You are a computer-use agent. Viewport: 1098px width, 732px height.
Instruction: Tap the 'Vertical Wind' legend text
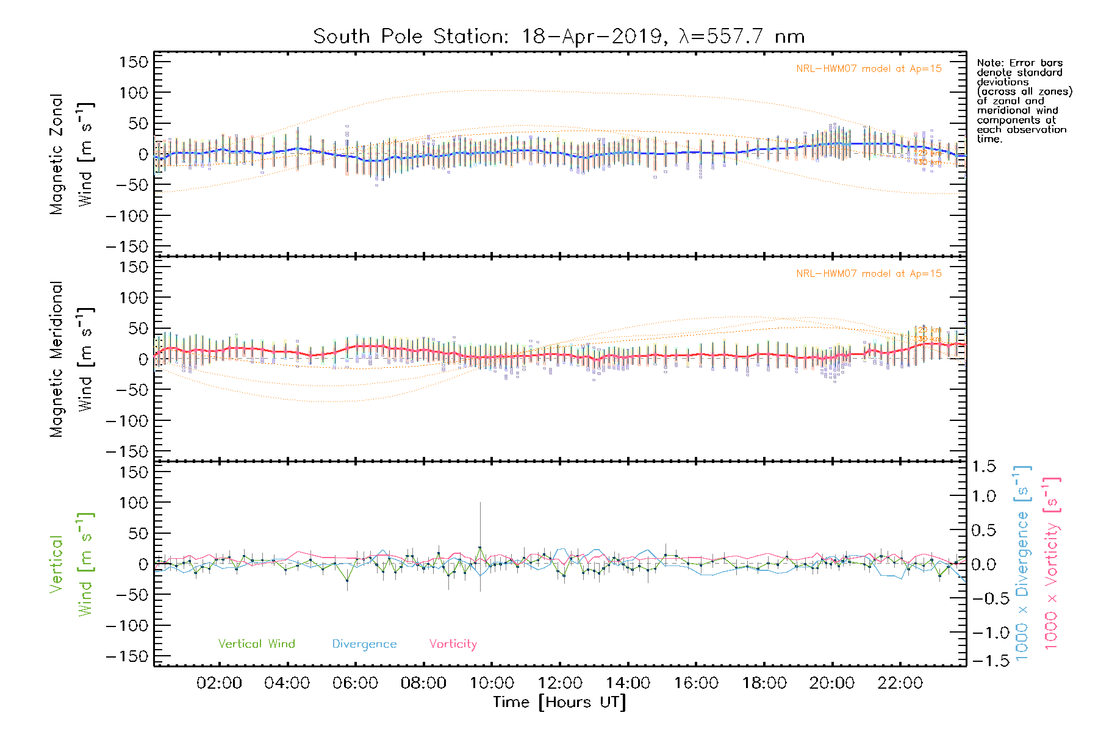tap(256, 644)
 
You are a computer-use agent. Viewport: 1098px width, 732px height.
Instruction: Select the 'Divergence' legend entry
tap(364, 644)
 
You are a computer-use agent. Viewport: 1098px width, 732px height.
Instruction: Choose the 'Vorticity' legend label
tap(453, 644)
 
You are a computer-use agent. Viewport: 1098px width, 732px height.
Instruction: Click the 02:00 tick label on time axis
tap(219, 683)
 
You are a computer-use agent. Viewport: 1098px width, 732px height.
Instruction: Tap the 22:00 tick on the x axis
tap(900, 683)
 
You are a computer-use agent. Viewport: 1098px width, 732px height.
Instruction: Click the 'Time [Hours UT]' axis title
tap(559, 702)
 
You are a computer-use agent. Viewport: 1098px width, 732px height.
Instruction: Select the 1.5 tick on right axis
tap(983, 467)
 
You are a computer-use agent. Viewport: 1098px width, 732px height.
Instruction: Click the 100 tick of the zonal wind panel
tap(134, 93)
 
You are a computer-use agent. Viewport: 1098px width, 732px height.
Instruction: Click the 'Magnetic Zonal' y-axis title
tap(57, 154)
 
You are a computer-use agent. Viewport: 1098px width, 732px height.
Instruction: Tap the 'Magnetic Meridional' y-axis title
tap(57, 359)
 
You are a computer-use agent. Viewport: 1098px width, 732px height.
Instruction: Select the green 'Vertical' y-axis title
tap(57, 564)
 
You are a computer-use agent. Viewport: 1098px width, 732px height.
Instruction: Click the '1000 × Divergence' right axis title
tap(1022, 564)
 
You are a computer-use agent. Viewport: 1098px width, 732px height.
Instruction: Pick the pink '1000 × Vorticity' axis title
tap(1051, 564)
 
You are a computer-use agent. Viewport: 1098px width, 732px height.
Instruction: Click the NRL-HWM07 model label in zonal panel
tap(869, 69)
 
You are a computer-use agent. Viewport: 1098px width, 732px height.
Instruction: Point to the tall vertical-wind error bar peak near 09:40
tap(480, 503)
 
